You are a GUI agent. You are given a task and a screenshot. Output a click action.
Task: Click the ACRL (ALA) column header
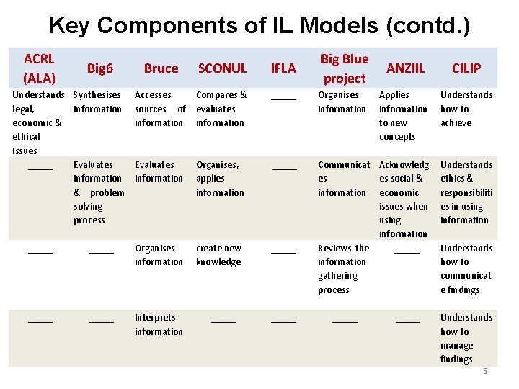pyautogui.click(x=39, y=68)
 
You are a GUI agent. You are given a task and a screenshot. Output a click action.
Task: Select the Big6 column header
pyautogui.click(x=100, y=68)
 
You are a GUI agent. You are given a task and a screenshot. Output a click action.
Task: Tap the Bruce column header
pyautogui.click(x=161, y=68)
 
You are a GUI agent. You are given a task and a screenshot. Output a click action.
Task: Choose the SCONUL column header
pyautogui.click(x=222, y=68)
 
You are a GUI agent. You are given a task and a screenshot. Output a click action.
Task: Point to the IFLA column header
pyautogui.click(x=283, y=68)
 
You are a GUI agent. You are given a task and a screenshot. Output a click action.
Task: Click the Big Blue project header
pyautogui.click(x=344, y=68)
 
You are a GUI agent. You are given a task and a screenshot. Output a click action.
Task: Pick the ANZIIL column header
pyautogui.click(x=406, y=68)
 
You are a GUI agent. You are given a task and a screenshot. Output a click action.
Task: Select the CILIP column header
pyautogui.click(x=466, y=68)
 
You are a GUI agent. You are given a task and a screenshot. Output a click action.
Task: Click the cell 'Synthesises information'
pyautogui.click(x=98, y=102)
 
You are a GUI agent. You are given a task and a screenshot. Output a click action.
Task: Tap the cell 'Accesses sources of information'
pyautogui.click(x=160, y=109)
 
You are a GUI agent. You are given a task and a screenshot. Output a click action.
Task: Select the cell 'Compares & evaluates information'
pyautogui.click(x=221, y=109)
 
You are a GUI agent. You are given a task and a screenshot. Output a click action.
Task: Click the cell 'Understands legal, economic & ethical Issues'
pyautogui.click(x=38, y=122)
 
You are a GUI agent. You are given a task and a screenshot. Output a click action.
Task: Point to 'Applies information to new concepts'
pyautogui.click(x=404, y=115)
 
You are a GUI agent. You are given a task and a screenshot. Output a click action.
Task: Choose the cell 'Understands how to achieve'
pyautogui.click(x=466, y=109)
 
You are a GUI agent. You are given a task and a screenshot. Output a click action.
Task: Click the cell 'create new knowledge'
pyautogui.click(x=219, y=255)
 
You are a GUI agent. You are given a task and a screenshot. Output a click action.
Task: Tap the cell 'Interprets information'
pyautogui.click(x=159, y=324)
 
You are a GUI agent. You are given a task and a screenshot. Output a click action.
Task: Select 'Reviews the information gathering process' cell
pyautogui.click(x=343, y=269)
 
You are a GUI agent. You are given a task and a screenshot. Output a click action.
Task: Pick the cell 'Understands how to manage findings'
pyautogui.click(x=466, y=338)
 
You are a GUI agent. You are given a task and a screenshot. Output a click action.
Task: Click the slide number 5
pyautogui.click(x=485, y=371)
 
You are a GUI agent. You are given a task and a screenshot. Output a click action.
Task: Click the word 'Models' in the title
pyautogui.click(x=339, y=26)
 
